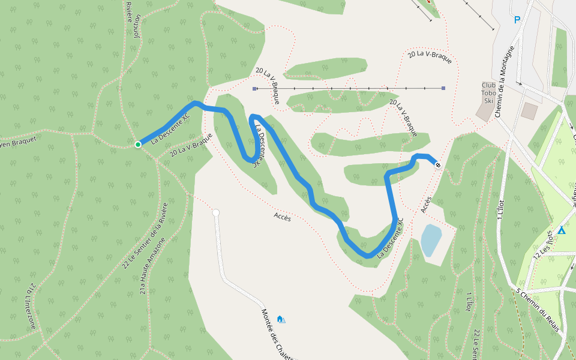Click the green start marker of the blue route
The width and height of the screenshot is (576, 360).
[138, 144]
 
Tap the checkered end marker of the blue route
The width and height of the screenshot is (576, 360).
[438, 165]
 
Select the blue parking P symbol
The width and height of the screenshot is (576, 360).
[517, 20]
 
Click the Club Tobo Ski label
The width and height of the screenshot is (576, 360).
[488, 93]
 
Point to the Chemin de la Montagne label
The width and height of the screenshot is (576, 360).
[506, 81]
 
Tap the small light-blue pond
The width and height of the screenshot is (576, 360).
[431, 240]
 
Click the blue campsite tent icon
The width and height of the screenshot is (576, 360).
[562, 230]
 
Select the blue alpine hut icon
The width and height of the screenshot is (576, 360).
[280, 319]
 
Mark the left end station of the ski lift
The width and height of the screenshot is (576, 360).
[254, 89]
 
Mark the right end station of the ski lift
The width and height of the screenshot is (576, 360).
[443, 88]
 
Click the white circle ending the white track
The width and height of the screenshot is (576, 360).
[216, 212]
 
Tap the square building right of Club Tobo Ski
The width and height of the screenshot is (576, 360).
[529, 110]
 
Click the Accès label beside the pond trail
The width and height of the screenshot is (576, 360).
[426, 205]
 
